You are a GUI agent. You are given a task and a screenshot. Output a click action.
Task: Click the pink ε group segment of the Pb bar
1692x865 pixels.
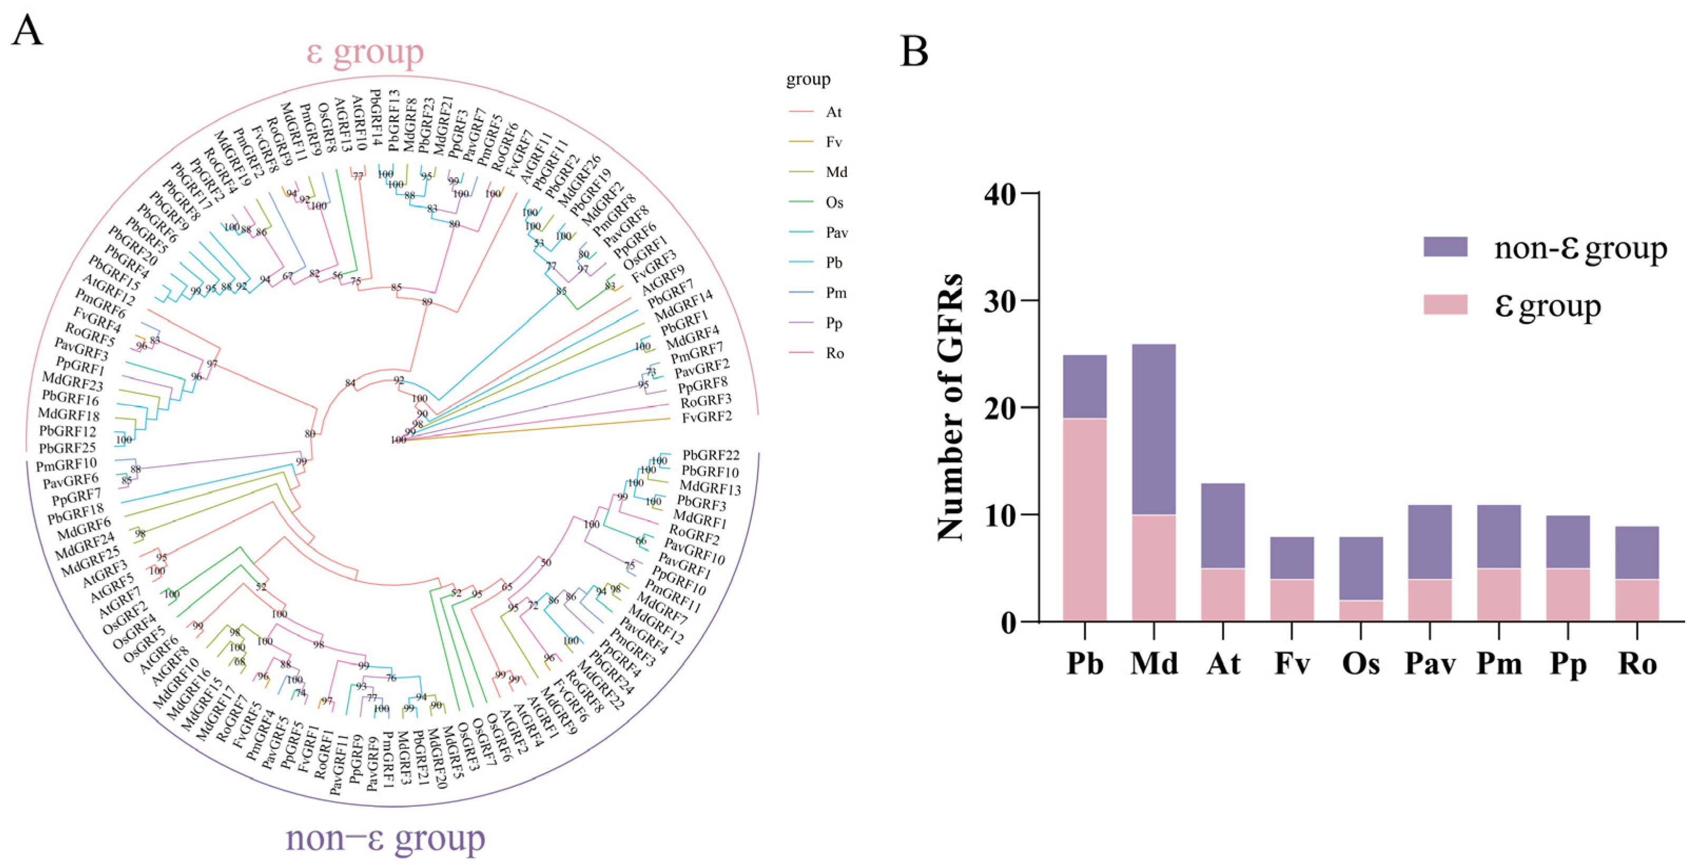click(1085, 519)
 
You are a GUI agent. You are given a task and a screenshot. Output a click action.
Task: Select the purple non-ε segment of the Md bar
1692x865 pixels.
click(1154, 429)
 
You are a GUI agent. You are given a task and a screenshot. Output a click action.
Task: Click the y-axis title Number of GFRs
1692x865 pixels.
click(951, 407)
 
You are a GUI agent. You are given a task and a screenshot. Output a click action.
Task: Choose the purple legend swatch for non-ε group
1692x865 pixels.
click(1445, 247)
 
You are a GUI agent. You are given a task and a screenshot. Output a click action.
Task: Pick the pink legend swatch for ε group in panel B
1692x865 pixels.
click(1445, 305)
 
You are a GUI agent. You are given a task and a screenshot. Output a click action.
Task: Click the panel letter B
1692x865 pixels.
click(914, 52)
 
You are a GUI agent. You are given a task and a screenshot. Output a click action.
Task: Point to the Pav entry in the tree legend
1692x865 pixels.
click(836, 232)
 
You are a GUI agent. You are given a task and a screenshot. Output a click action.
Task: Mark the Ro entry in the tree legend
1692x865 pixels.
click(834, 353)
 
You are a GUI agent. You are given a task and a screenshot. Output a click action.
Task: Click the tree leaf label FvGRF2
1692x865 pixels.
click(706, 416)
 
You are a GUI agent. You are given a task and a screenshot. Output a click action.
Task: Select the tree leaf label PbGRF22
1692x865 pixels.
click(711, 455)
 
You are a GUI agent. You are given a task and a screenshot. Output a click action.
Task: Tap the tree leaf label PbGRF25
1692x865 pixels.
click(67, 448)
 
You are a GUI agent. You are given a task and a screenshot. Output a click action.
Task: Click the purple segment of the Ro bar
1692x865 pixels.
click(1637, 552)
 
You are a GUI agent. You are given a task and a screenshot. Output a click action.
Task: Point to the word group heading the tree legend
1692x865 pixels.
click(808, 80)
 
